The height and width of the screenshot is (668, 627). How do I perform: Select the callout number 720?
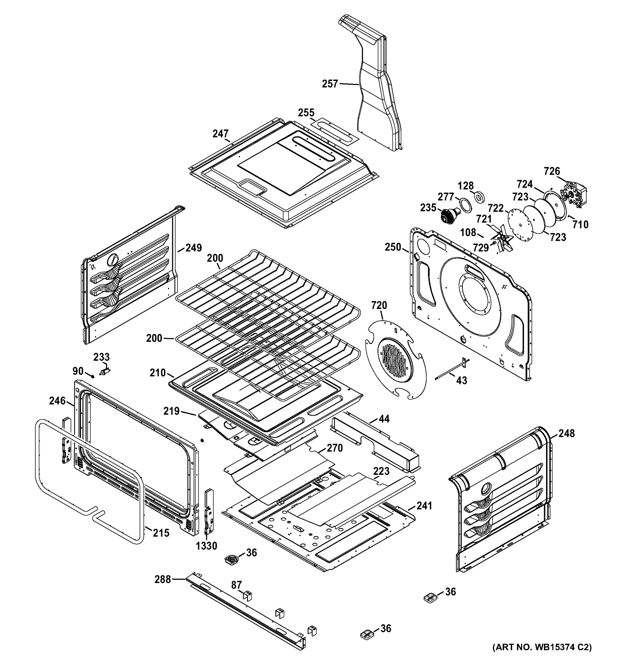(x=379, y=305)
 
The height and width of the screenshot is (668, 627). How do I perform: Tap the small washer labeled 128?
(x=479, y=198)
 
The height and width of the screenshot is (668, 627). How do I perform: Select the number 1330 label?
(x=206, y=546)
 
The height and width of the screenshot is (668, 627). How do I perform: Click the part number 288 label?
(x=162, y=579)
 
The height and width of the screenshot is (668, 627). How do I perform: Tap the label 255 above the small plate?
(x=306, y=112)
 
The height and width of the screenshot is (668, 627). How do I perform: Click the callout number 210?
(x=158, y=373)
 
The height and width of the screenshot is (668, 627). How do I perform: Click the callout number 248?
(x=567, y=433)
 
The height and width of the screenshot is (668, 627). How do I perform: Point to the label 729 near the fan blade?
(x=481, y=248)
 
